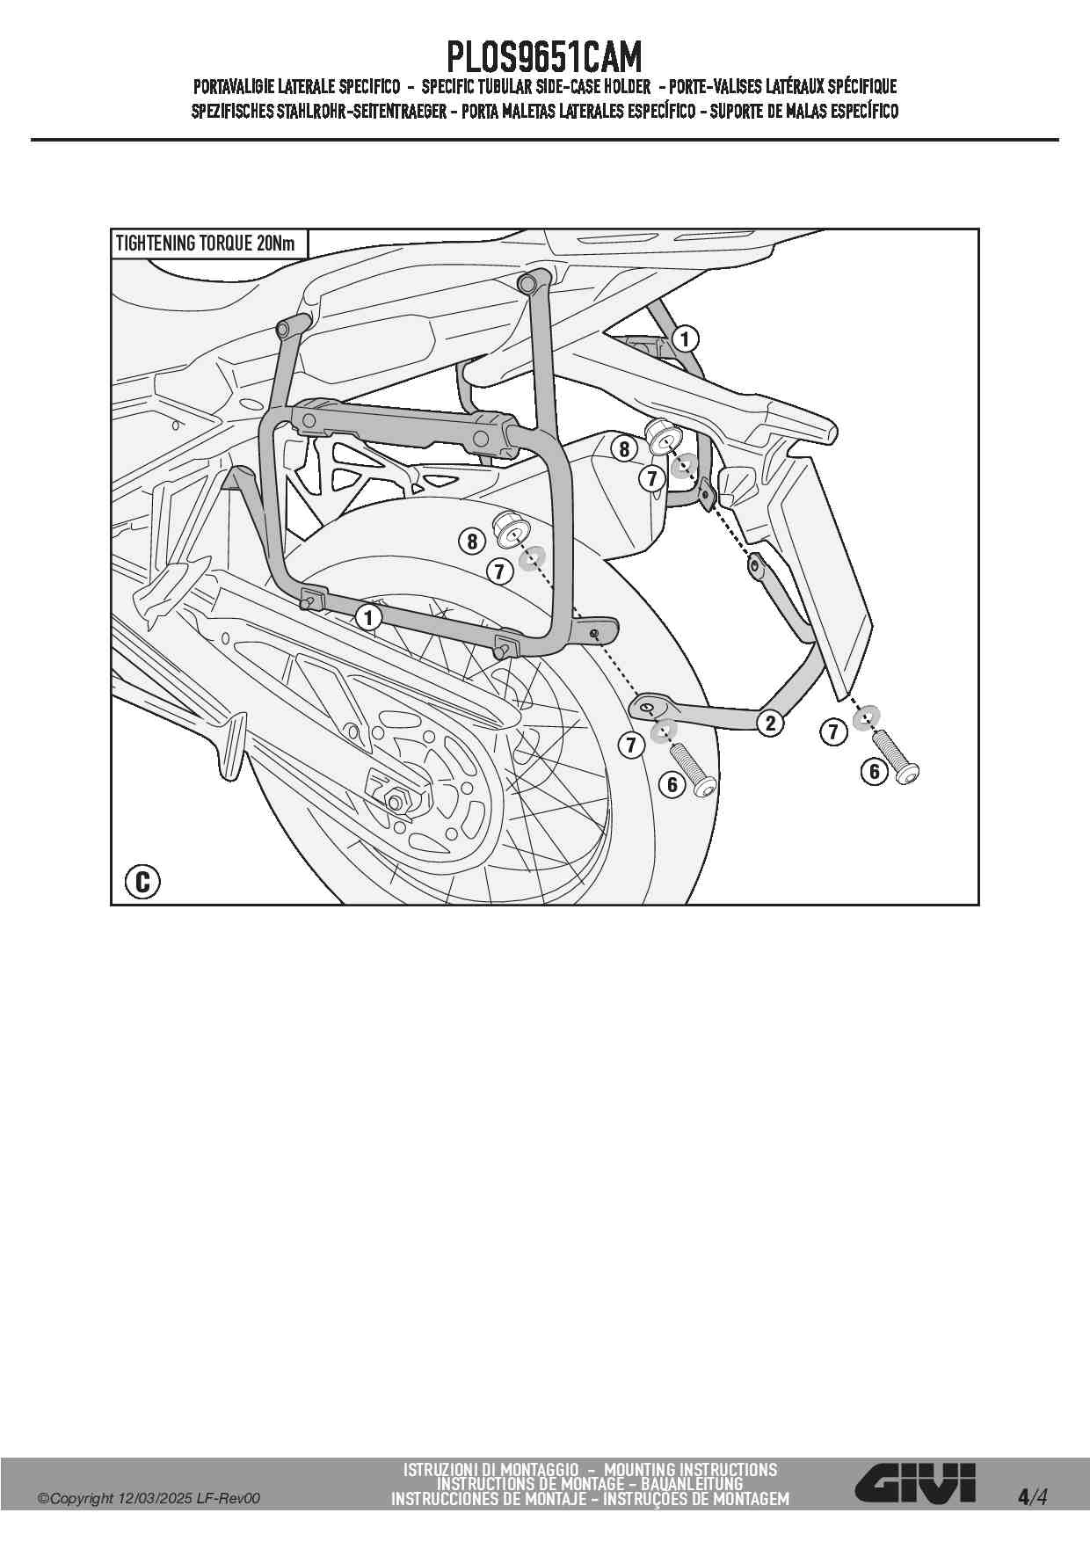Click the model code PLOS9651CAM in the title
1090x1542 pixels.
tap(544, 58)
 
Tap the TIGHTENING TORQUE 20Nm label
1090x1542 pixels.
tap(206, 244)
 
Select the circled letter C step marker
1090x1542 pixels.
tap(142, 881)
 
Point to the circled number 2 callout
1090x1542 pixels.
tap(771, 724)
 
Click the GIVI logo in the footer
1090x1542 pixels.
tap(916, 1482)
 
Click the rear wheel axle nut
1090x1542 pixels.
tap(395, 801)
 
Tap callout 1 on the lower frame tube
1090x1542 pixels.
tap(368, 617)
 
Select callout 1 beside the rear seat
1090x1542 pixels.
tap(685, 338)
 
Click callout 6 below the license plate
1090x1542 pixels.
tap(875, 772)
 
